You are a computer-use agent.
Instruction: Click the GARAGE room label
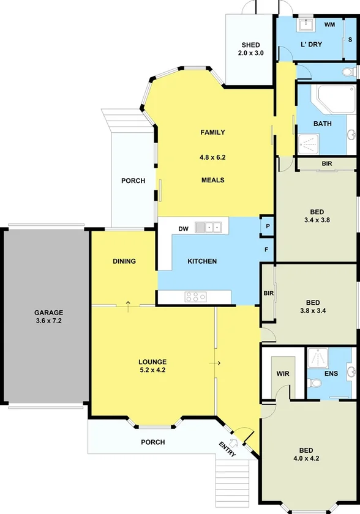point(48,313)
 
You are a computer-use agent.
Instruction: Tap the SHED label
point(250,45)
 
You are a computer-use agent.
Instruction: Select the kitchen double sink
point(208,228)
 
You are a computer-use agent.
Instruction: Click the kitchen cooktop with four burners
point(195,297)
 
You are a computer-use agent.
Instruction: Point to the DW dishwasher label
point(183,229)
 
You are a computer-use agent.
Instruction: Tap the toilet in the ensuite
point(315,383)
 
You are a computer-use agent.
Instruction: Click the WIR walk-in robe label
point(283,373)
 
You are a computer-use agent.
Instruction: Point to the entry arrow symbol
point(233,442)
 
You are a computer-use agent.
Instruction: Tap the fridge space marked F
point(266,250)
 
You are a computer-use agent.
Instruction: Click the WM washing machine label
point(329,25)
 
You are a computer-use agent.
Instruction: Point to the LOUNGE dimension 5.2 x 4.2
point(152,370)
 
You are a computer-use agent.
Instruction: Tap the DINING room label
point(124,261)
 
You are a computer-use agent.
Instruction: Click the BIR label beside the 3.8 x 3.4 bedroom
point(268,294)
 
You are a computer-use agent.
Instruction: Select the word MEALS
point(213,180)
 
